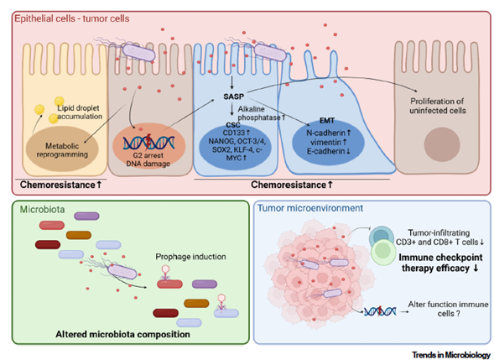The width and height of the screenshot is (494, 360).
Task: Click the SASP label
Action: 233,97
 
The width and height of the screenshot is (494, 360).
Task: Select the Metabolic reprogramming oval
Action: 62,149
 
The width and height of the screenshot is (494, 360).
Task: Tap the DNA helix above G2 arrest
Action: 148,142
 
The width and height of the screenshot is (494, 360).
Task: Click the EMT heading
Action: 327,121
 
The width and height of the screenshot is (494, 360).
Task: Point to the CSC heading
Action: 233,125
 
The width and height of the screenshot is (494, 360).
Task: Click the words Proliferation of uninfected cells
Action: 437,106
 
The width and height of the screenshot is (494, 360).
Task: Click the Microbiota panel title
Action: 42,209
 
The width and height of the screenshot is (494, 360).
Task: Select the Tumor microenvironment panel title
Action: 310,208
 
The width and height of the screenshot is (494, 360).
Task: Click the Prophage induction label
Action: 190,257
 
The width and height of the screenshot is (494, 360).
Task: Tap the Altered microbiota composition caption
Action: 122,334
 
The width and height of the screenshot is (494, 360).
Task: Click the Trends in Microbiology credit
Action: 451,355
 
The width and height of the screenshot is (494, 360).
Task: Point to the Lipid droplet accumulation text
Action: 79,112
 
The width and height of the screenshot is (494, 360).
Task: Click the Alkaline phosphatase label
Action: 261,113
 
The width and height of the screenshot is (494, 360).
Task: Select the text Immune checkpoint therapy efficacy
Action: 440,263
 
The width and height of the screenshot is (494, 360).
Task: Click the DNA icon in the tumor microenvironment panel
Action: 380,311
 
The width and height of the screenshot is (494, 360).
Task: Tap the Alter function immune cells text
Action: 448,309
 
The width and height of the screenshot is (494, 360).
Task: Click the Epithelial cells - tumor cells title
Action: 72,18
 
